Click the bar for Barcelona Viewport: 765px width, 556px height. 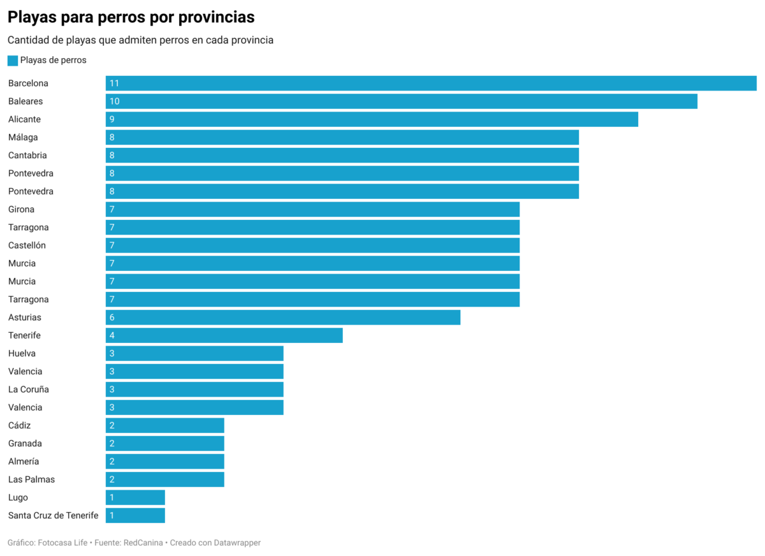(x=431, y=84)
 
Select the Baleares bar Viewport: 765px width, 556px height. (x=402, y=101)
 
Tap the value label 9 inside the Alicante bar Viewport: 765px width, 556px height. (x=112, y=119)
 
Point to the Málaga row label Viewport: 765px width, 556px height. (x=23, y=137)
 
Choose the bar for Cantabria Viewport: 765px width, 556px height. (x=342, y=156)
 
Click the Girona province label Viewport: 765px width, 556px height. (x=22, y=209)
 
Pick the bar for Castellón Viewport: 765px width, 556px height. (x=312, y=245)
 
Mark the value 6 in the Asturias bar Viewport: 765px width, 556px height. (x=112, y=318)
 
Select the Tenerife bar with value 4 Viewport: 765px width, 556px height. (x=224, y=335)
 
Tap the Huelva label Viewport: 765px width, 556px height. (x=22, y=353)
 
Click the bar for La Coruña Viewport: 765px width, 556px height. (x=194, y=390)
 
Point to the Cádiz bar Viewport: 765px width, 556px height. (x=165, y=425)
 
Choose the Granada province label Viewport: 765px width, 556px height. (x=25, y=443)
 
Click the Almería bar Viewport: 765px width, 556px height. (x=165, y=462)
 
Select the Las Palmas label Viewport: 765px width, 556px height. (x=31, y=479)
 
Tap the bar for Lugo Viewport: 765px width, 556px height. (x=135, y=497)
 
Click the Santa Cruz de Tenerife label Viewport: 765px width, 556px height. (x=54, y=515)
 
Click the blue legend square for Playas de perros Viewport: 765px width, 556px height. (x=13, y=61)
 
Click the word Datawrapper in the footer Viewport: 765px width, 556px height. (x=235, y=543)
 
